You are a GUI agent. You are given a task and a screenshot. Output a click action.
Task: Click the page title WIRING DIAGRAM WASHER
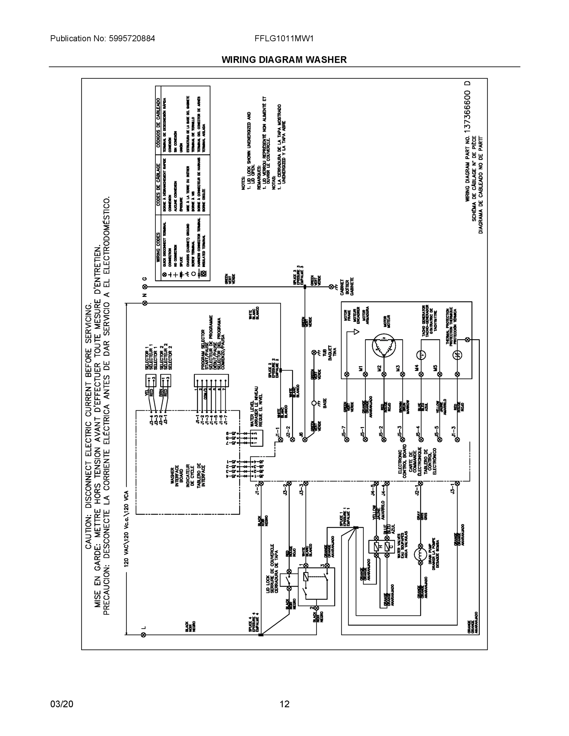point(284,60)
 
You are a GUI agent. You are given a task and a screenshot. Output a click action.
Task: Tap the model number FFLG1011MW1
point(284,38)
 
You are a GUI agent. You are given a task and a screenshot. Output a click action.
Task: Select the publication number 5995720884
point(132,38)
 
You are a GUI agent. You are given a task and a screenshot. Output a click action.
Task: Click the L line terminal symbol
point(143,635)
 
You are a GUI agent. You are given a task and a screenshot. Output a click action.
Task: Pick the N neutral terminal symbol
point(144,303)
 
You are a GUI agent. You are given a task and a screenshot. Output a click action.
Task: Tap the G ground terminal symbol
point(144,287)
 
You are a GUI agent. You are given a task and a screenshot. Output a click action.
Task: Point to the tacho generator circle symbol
point(421,355)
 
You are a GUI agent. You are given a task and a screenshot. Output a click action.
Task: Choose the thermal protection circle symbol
point(457,355)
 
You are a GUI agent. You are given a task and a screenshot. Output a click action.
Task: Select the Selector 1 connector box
point(150,381)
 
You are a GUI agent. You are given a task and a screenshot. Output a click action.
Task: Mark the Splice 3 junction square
point(305,287)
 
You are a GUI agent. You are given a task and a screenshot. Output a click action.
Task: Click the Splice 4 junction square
point(260,635)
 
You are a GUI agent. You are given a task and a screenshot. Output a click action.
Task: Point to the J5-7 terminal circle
point(347,439)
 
